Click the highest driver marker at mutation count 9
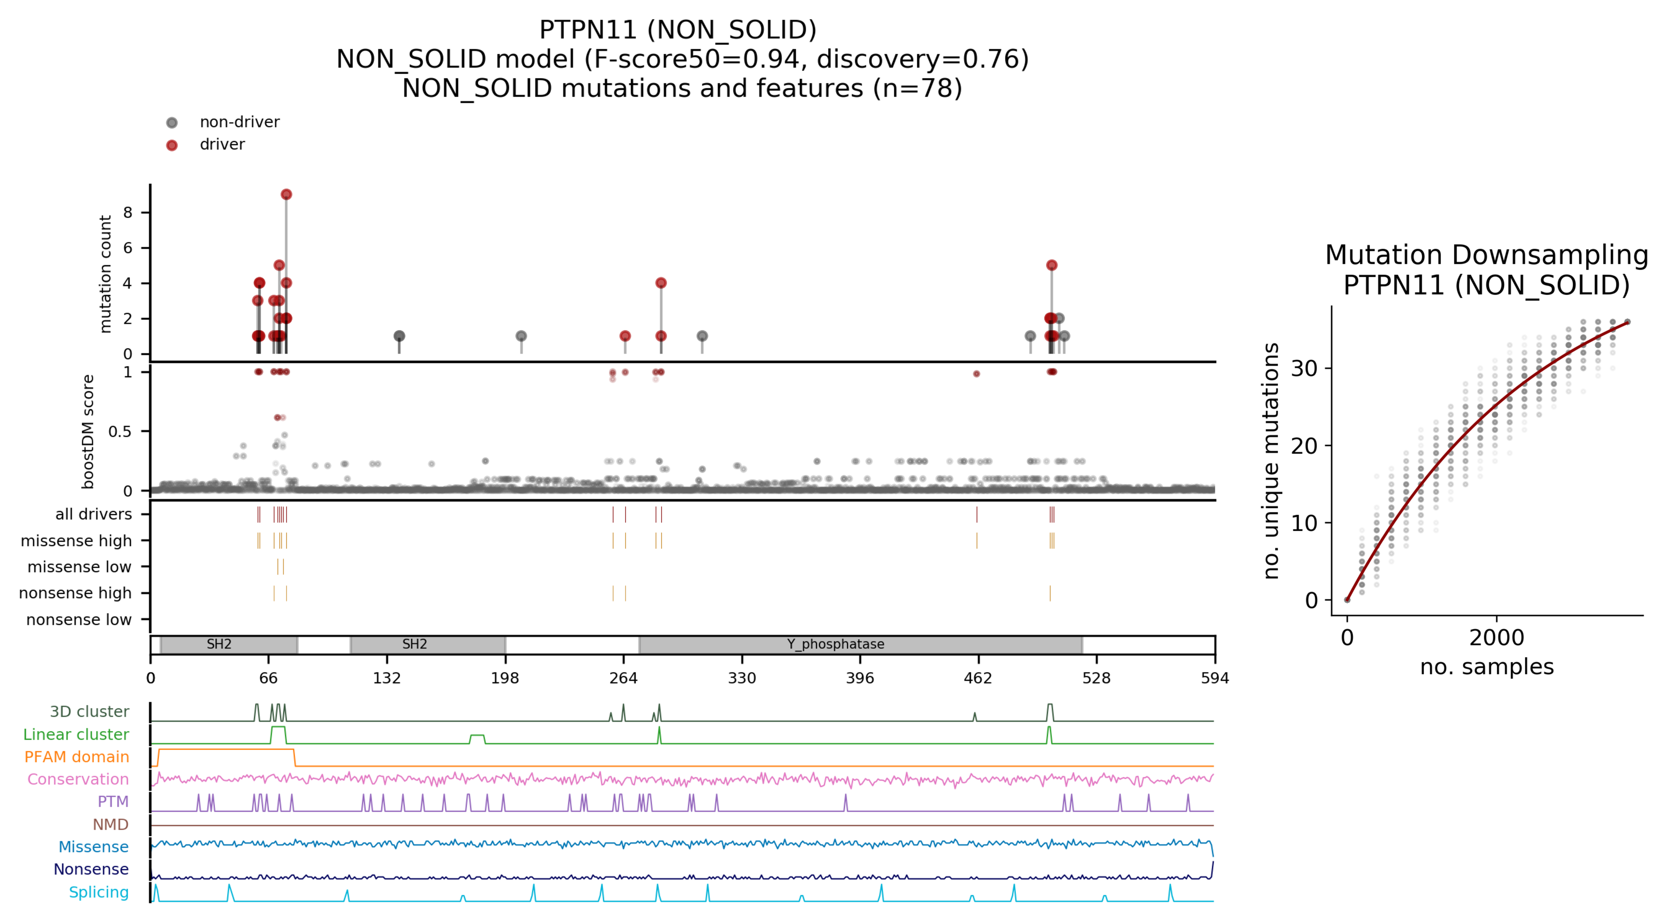click(x=286, y=194)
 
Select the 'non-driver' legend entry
click(x=239, y=122)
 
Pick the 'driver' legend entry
click(x=222, y=144)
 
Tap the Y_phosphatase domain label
click(x=836, y=644)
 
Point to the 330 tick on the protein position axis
click(x=742, y=678)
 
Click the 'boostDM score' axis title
click(x=88, y=431)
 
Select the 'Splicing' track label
click(x=99, y=892)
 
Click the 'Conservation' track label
click(x=78, y=779)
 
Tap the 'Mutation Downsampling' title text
click(x=1486, y=255)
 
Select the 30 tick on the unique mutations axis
click(x=1303, y=368)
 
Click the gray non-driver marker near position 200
click(x=521, y=336)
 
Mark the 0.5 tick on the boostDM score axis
click(x=120, y=431)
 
